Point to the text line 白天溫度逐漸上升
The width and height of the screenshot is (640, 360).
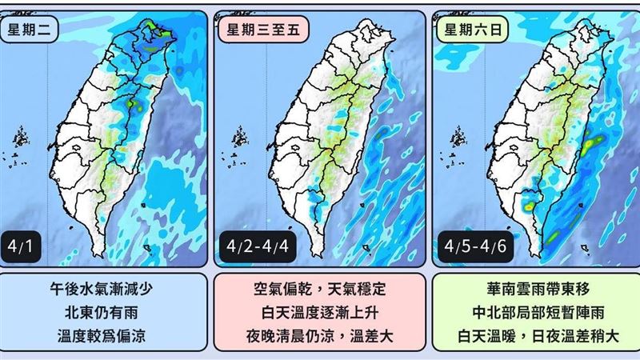tap(320, 312)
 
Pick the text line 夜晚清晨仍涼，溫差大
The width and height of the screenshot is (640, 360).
tap(320, 334)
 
